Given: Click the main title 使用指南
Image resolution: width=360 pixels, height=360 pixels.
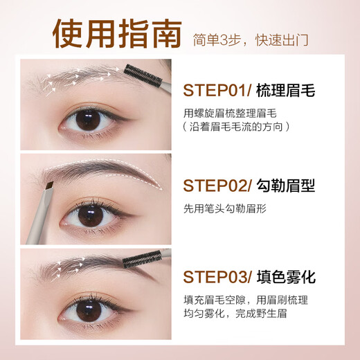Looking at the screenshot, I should tap(117, 34).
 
